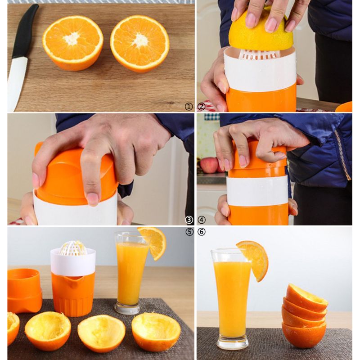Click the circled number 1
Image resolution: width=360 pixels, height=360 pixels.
189,107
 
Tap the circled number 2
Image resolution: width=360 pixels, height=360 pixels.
201,107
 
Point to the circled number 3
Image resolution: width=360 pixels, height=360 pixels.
189,220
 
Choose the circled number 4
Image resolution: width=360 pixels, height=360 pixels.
201,220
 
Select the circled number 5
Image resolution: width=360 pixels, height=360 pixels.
189,232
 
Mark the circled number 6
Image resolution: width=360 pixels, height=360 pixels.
201,232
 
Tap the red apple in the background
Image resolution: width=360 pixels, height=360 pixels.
209,166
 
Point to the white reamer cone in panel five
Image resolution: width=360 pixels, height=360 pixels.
73,248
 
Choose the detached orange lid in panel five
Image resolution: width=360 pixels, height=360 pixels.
24,290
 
